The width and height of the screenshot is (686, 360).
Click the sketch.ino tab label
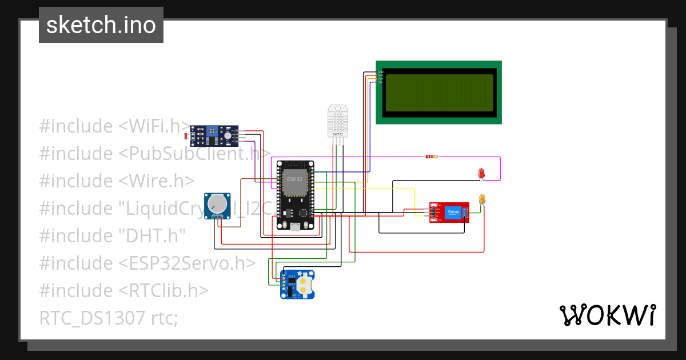101,25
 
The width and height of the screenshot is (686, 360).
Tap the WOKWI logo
607,315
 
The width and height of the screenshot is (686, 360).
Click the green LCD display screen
438,93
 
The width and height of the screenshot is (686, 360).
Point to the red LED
481,173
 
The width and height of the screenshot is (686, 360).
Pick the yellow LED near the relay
482,199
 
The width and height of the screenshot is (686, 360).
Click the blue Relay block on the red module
453,211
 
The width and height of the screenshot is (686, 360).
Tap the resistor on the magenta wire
431,157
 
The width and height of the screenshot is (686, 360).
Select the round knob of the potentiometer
217,203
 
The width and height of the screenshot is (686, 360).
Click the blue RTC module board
297,284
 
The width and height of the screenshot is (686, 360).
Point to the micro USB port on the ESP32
295,227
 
